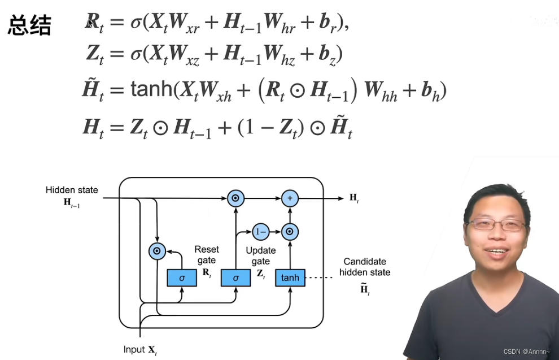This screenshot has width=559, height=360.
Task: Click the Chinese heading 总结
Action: coord(29,25)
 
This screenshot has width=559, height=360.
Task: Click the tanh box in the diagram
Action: coord(290,277)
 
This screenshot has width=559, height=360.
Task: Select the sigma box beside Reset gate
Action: coord(182,277)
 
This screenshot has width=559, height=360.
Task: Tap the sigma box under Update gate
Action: coord(235,277)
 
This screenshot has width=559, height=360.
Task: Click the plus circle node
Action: coord(290,198)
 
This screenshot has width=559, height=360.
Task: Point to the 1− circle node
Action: coord(260,231)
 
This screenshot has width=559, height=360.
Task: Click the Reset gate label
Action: coord(206,255)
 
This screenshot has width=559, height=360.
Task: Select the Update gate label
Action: coord(260,255)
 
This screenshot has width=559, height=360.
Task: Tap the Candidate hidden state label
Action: coord(365,267)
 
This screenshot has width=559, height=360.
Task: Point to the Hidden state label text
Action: coord(72,190)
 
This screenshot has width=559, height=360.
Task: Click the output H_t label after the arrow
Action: coord(354,198)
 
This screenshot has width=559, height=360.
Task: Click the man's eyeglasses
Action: coord(497,225)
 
